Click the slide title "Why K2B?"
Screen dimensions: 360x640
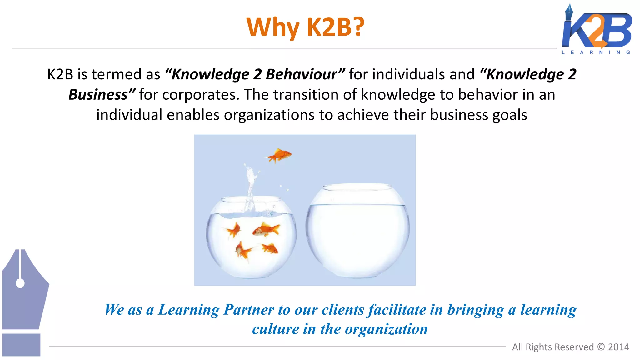[305, 27]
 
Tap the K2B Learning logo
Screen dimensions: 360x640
[597, 30]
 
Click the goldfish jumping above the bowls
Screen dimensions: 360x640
[280, 155]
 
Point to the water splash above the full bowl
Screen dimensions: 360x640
[251, 187]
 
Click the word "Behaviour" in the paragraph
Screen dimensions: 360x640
[301, 74]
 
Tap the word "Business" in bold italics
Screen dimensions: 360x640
[98, 95]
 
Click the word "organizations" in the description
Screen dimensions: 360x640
[269, 115]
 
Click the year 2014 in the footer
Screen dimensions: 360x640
[618, 347]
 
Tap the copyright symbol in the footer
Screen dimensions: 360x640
[601, 347]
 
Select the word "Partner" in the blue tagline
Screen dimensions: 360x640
[249, 310]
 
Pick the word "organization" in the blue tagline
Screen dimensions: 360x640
[386, 329]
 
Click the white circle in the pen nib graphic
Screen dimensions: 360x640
[20, 283]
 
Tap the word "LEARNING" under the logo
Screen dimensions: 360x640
[596, 52]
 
